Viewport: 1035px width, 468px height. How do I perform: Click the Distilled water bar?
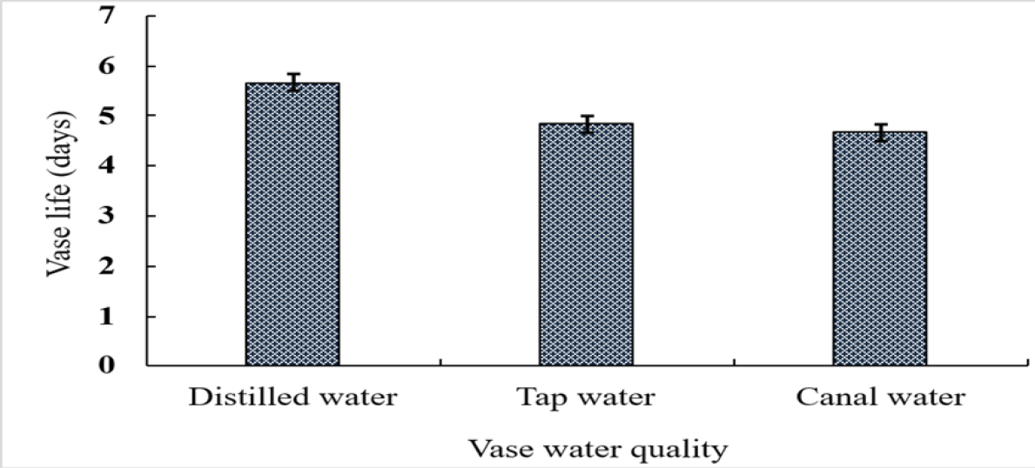[x=292, y=224]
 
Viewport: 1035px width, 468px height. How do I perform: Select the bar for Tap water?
[x=586, y=244]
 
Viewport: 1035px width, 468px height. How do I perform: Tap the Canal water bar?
[x=880, y=248]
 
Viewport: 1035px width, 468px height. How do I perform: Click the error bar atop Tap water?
[x=587, y=124]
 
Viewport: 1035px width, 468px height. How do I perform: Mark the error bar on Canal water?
[x=881, y=133]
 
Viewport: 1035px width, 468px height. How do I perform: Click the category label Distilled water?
[x=293, y=398]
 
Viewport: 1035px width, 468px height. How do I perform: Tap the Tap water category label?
[x=586, y=398]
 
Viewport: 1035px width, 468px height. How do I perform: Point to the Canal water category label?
[x=881, y=398]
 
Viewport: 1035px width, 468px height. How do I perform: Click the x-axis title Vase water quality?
[x=599, y=451]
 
